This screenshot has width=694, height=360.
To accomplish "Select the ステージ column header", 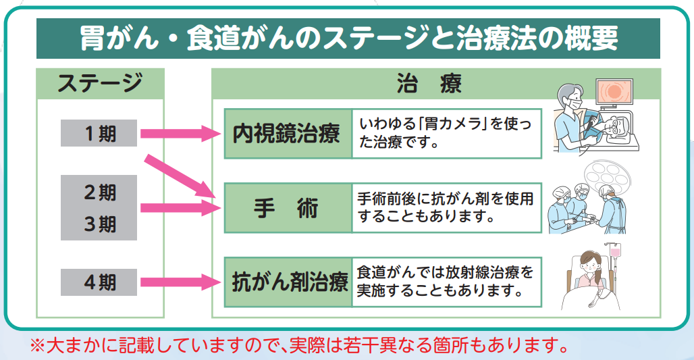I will pyautogui.click(x=100, y=84).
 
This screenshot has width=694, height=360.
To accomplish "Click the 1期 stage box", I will pyautogui.click(x=99, y=133).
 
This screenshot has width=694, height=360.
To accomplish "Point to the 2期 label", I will pyautogui.click(x=99, y=192).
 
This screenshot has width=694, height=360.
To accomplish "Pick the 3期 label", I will pyautogui.click(x=99, y=224).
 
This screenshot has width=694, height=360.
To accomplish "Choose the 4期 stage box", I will pyautogui.click(x=99, y=282).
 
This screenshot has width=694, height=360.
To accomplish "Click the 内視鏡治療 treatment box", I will pyautogui.click(x=288, y=134).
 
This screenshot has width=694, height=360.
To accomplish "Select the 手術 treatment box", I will pyautogui.click(x=288, y=208).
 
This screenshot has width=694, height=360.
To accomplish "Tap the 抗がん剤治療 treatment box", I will pyautogui.click(x=288, y=282).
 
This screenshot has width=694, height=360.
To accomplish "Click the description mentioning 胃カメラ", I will pyautogui.click(x=446, y=133).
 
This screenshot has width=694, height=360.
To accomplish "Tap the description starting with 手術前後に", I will pyautogui.click(x=446, y=208).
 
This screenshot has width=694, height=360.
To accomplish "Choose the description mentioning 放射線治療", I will pyautogui.click(x=446, y=282).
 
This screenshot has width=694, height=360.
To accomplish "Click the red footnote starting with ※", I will pyautogui.click(x=297, y=344).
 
